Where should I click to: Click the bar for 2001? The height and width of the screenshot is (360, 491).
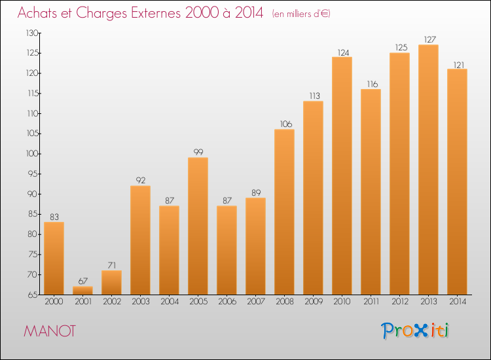click(82, 291)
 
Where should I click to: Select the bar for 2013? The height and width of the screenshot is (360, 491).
click(428, 170)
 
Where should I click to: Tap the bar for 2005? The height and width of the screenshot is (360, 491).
click(198, 226)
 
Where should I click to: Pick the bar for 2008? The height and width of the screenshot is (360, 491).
click(284, 212)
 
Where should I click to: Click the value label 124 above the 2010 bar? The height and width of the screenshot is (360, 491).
click(343, 52)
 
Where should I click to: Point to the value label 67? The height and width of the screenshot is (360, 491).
click(82, 281)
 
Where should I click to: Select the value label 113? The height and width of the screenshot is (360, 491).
click(314, 96)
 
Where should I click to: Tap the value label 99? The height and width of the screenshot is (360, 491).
click(198, 152)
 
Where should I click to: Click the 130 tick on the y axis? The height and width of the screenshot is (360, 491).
click(32, 33)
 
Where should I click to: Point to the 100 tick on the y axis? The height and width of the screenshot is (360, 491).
click(32, 154)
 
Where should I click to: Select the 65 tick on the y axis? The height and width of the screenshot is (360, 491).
click(33, 295)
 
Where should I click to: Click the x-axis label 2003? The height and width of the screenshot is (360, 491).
click(141, 302)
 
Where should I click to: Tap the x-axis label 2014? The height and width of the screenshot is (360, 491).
click(458, 302)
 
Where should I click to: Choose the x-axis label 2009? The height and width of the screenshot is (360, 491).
click(314, 302)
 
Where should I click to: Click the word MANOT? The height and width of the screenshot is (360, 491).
click(50, 331)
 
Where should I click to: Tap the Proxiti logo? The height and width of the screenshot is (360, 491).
click(415, 331)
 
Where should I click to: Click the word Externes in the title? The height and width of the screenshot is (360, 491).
click(156, 12)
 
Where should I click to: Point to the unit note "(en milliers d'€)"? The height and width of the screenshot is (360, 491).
click(301, 14)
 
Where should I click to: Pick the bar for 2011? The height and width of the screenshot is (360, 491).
click(371, 192)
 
